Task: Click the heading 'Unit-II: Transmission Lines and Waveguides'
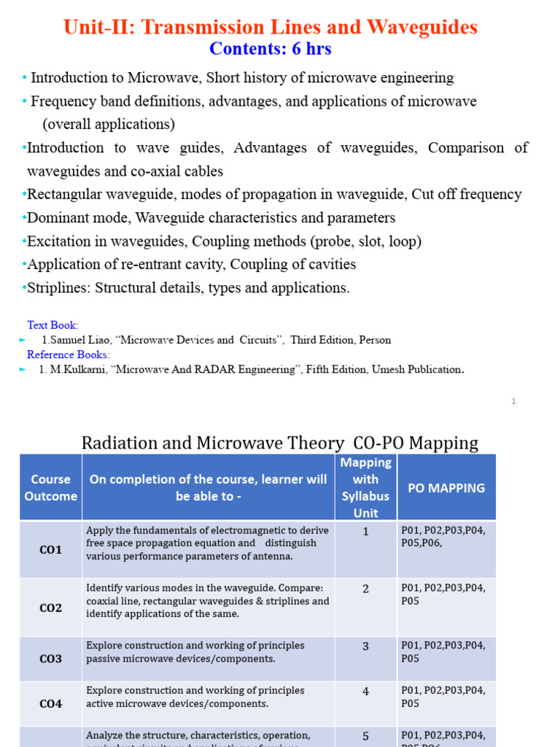pyautogui.click(x=271, y=27)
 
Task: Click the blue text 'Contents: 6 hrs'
pyautogui.click(x=271, y=49)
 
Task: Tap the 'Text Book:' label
pyautogui.click(x=52, y=325)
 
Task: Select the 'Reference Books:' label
pyautogui.click(x=68, y=355)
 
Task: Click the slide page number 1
pyautogui.click(x=513, y=401)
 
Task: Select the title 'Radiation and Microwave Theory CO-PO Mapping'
pyautogui.click(x=280, y=443)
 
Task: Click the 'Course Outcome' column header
pyautogui.click(x=50, y=487)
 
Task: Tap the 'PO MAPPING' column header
pyautogui.click(x=446, y=488)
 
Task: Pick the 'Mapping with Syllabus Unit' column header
pyautogui.click(x=365, y=487)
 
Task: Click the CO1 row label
pyautogui.click(x=50, y=550)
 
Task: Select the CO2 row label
pyautogui.click(x=50, y=608)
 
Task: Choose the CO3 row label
pyautogui.click(x=50, y=659)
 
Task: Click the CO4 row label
pyautogui.click(x=50, y=704)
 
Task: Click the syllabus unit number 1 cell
pyautogui.click(x=365, y=532)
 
